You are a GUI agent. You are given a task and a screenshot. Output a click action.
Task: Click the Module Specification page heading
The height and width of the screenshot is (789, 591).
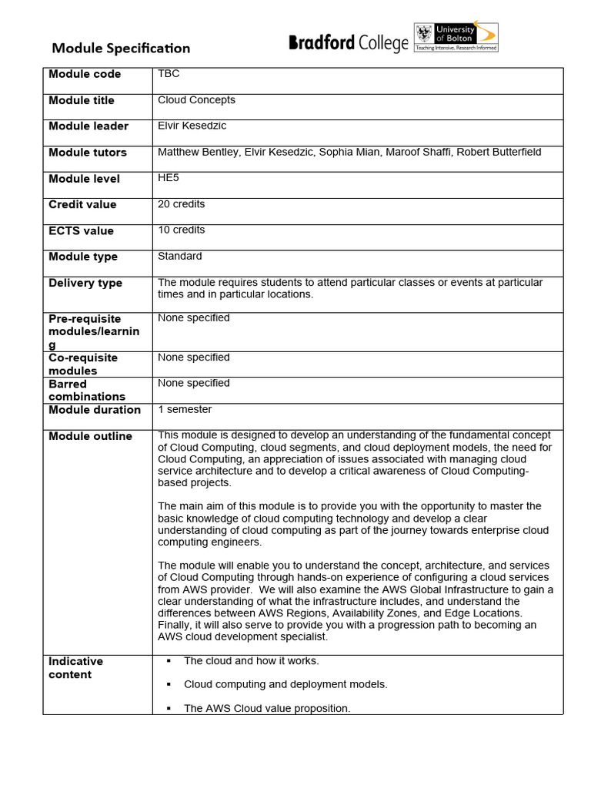pos(121,49)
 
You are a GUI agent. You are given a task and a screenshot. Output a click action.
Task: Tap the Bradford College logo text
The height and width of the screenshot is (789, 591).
pos(348,44)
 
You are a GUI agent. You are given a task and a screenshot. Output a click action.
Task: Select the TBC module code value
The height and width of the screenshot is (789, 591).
pos(169,74)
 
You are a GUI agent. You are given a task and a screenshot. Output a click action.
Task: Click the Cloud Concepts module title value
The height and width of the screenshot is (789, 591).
pos(196,100)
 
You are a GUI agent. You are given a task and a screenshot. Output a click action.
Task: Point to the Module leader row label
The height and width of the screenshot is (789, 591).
pos(88,126)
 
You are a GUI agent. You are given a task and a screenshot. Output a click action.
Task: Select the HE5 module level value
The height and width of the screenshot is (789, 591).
pos(169,177)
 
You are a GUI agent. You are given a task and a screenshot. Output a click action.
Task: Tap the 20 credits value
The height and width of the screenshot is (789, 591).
pos(181,204)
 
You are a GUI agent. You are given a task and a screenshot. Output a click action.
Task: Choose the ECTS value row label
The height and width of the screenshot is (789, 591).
pos(81,231)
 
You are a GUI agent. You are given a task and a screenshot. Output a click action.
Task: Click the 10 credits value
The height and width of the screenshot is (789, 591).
pos(181,230)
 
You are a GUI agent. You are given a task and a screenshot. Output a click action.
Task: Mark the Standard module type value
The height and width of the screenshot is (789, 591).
pos(180,256)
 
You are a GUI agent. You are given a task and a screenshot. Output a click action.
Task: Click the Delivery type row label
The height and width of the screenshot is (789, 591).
pos(85,284)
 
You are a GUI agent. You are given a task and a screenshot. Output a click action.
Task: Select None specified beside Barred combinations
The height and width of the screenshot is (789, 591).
pos(194,383)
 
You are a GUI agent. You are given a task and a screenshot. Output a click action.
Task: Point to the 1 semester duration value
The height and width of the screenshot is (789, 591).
pos(185,409)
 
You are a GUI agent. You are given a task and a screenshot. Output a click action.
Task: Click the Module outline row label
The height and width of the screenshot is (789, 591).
pos(90,436)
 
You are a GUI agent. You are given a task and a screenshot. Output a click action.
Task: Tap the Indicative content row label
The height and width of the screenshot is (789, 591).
pos(75,668)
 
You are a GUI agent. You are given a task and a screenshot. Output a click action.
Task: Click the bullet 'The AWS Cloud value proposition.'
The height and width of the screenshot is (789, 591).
pos(267,708)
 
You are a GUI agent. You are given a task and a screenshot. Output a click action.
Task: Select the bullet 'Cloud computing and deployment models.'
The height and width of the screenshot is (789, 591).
pos(285,684)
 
